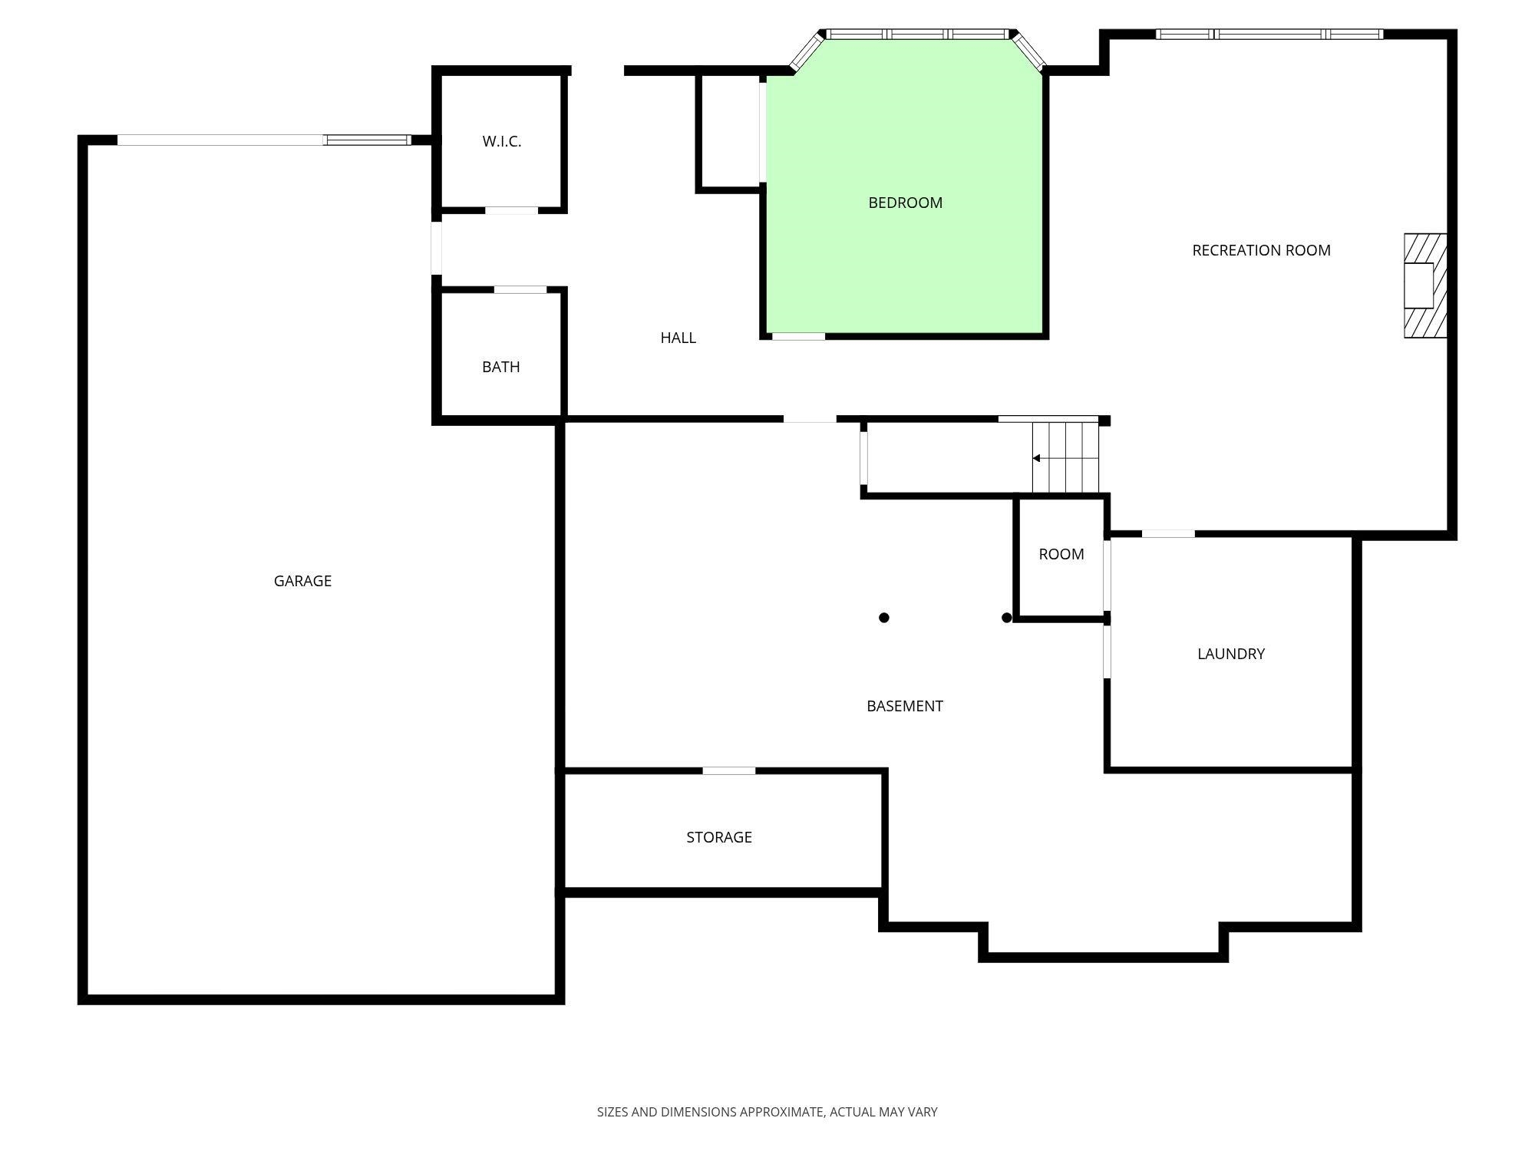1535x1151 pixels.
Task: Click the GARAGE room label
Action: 302,581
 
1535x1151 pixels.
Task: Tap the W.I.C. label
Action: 502,141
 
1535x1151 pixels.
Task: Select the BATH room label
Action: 501,367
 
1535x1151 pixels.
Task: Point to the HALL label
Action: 678,338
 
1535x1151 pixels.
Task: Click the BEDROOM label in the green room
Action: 906,203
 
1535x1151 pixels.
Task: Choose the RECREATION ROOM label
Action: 1262,250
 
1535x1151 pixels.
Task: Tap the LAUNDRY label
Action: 1231,654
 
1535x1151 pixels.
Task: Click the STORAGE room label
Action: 719,837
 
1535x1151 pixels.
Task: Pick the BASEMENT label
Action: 905,706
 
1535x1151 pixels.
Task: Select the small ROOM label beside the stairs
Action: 1061,554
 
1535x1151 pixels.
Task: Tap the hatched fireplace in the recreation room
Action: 1425,285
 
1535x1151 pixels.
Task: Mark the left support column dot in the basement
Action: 884,618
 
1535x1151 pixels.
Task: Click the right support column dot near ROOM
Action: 1007,618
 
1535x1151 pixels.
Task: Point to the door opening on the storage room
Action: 729,770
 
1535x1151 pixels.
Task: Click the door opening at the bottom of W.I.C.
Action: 511,210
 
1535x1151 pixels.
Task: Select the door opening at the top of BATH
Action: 520,290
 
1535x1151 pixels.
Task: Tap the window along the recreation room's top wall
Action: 1269,34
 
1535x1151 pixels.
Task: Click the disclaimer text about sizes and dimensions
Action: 767,1112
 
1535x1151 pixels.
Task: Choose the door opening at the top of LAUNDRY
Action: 1168,533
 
